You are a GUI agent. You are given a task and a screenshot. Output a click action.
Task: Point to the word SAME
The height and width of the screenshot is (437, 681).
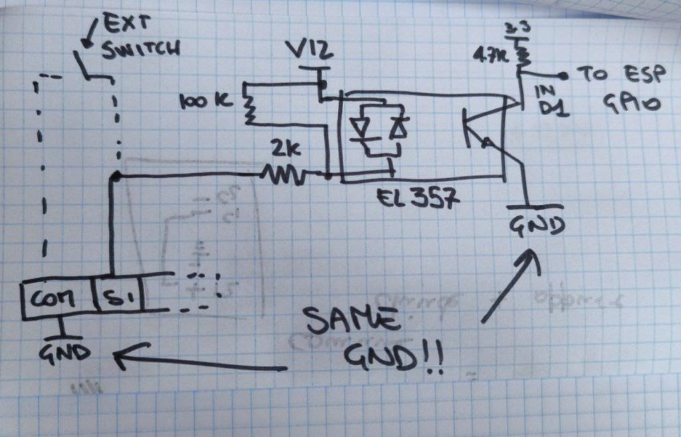coord(349,322)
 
